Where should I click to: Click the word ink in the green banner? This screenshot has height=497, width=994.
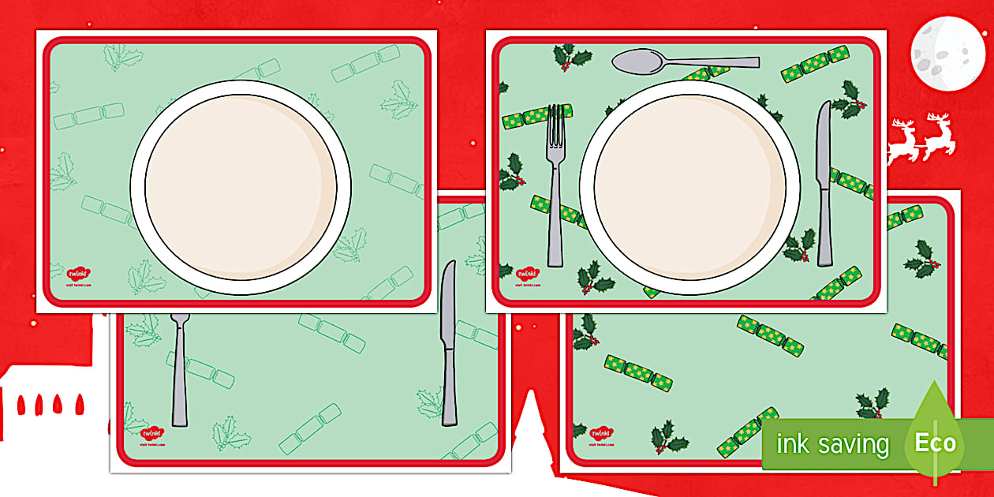(x=791, y=443)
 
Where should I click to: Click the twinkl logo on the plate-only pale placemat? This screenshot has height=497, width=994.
(x=77, y=274)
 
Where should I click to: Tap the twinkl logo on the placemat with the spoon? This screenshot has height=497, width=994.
(x=527, y=275)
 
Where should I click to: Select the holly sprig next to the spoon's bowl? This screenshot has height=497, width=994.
(x=565, y=56)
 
